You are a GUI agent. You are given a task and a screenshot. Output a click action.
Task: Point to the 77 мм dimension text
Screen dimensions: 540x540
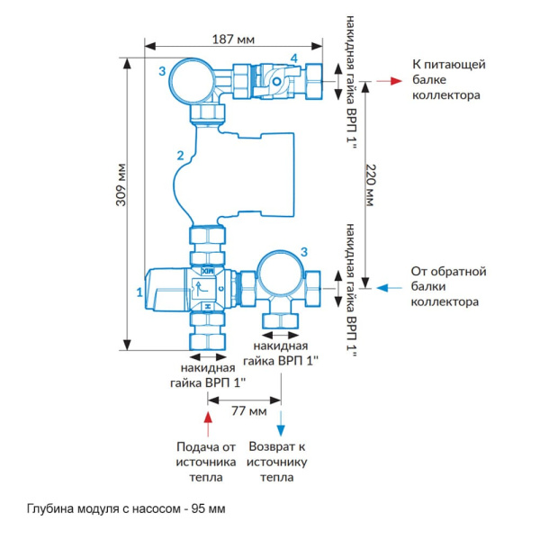click(x=246, y=410)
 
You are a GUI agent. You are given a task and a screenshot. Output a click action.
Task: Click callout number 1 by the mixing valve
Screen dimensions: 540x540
click(x=139, y=292)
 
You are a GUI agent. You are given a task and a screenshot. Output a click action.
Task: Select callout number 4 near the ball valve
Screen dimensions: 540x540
click(x=292, y=58)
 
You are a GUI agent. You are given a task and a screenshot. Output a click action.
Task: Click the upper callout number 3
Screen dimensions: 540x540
click(x=161, y=71)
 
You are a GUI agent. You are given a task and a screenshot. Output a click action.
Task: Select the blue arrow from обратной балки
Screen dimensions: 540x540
click(x=390, y=287)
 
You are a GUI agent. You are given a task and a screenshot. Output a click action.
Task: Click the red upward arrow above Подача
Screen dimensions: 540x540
click(x=208, y=418)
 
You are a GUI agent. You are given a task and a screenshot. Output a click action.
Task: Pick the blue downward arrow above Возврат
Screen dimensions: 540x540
click(x=282, y=419)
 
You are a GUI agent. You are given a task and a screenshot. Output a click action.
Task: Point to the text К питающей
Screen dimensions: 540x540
click(x=448, y=65)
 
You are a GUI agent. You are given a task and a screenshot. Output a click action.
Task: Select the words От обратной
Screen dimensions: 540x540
click(x=448, y=271)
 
